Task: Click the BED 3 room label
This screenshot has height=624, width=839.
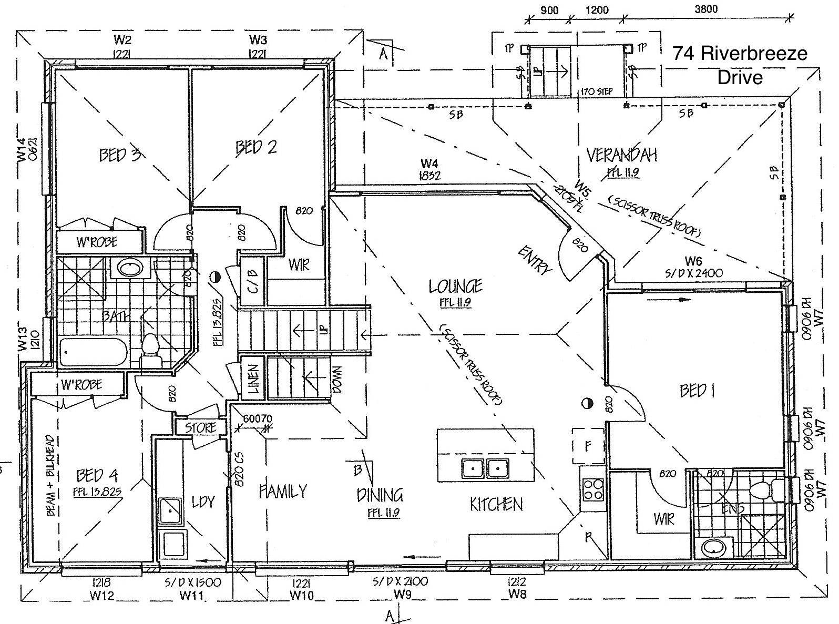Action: point(119,155)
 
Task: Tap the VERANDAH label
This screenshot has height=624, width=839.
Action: point(622,155)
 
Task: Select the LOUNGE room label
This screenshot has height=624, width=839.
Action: point(456,287)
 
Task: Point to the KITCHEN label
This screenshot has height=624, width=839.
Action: point(496,505)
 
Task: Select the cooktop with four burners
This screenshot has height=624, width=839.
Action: point(594,489)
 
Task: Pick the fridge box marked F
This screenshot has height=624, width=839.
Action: point(587,446)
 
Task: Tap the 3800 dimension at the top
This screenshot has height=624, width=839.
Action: point(705,9)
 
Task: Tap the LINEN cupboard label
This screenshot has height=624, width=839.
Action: point(253,380)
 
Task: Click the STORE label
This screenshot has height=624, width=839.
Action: point(201,427)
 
